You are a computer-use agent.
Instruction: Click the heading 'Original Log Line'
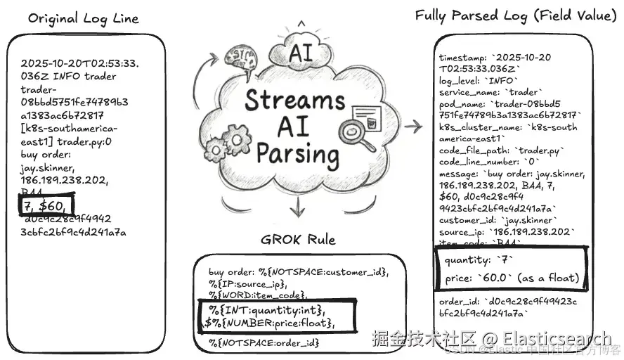[x=83, y=18]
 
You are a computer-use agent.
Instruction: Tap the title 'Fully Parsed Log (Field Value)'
[x=512, y=15]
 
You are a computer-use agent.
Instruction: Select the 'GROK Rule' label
[x=299, y=238]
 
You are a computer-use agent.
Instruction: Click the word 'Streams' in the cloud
[x=295, y=101]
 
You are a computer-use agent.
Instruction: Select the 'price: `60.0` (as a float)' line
[x=511, y=278]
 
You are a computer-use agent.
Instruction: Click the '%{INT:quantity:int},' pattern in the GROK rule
[x=267, y=309]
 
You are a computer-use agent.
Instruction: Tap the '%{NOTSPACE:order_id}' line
[x=264, y=342]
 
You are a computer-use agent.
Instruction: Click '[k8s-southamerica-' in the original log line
[x=69, y=129]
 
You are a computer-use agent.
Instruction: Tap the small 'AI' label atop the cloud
[x=300, y=53]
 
